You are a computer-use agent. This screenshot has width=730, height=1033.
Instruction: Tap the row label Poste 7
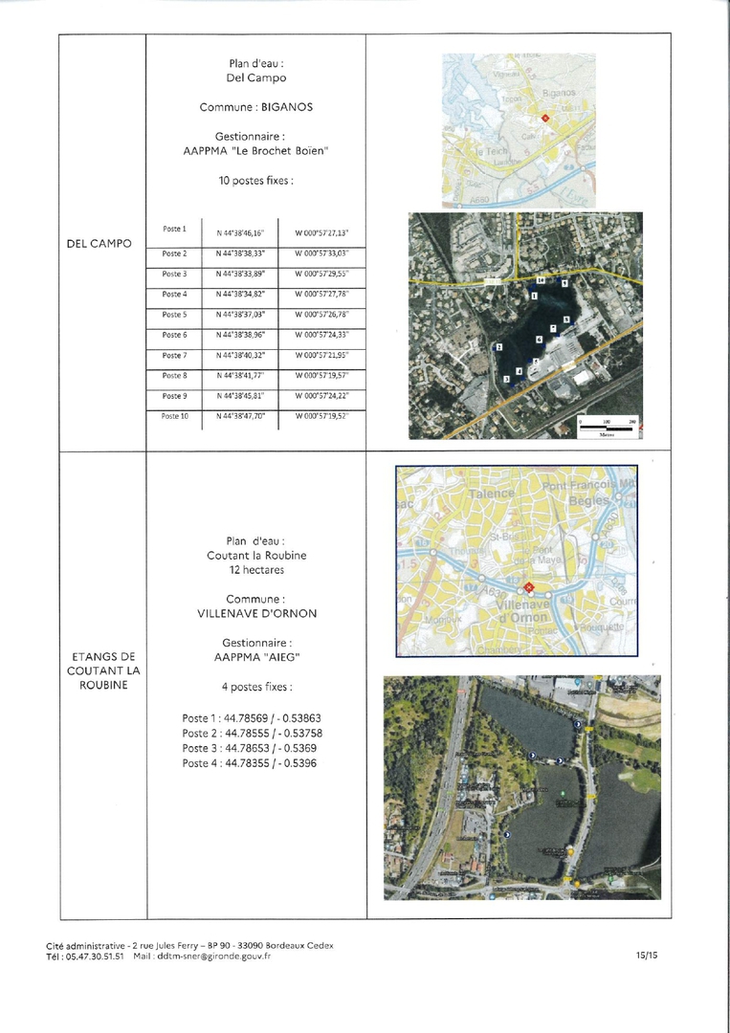pyautogui.click(x=174, y=356)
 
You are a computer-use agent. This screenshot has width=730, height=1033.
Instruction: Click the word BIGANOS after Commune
pyautogui.click(x=287, y=107)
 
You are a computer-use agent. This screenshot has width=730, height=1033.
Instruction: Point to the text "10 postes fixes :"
pyautogui.click(x=256, y=180)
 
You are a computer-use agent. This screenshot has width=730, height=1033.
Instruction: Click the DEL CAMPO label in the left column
pyautogui.click(x=100, y=244)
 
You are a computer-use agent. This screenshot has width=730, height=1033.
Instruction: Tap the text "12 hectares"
pyautogui.click(x=256, y=570)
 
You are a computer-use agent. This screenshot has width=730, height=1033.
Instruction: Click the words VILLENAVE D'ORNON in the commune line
pyautogui.click(x=256, y=613)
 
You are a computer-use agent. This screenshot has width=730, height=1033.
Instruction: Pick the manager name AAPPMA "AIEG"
pyautogui.click(x=256, y=658)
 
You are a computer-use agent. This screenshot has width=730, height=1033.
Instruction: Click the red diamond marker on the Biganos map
pyautogui.click(x=545, y=118)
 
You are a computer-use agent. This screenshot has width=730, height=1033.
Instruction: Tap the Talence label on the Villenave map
pyautogui.click(x=491, y=493)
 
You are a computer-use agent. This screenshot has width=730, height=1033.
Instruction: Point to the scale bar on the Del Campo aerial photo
pyautogui.click(x=606, y=426)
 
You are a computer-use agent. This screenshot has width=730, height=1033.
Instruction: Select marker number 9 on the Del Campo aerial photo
pyautogui.click(x=565, y=284)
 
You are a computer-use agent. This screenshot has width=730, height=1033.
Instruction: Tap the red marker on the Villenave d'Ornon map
pyautogui.click(x=527, y=586)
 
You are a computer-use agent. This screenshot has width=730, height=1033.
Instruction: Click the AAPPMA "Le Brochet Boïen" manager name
pyautogui.click(x=256, y=150)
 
